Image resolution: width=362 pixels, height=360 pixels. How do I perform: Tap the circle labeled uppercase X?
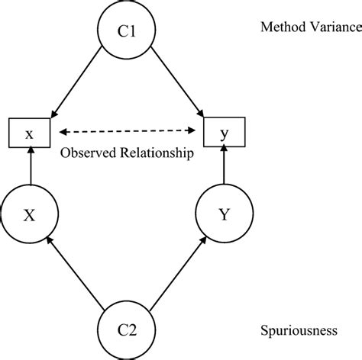[x=29, y=215]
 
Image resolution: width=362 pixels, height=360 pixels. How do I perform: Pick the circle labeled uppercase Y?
[x=223, y=215]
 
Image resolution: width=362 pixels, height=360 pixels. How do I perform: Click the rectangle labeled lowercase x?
[x=29, y=134]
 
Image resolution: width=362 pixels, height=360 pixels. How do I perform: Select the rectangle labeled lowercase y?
[x=223, y=134]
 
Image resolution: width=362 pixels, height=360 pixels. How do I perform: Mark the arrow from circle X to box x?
[x=29, y=168]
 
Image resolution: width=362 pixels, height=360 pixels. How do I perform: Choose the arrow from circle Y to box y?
[x=223, y=168]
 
